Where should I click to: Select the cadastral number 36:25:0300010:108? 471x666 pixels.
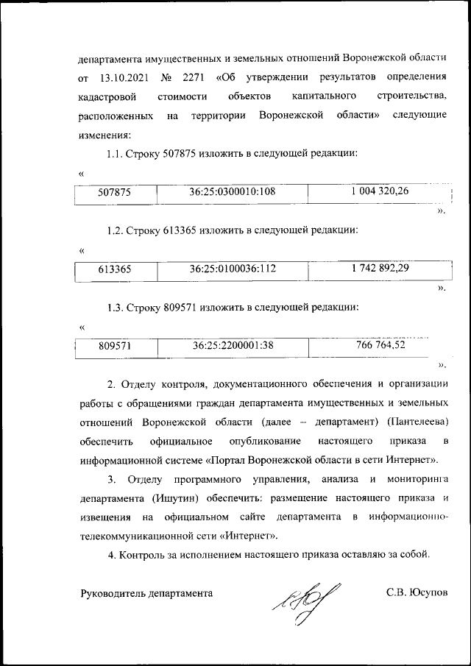pos(232,192)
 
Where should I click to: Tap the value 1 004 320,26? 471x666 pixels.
pos(380,191)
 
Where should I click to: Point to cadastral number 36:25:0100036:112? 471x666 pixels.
pos(232,269)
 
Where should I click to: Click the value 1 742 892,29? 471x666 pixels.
pos(380,269)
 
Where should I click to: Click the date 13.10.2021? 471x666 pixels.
pos(124,77)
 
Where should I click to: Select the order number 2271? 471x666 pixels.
pos(192,77)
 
